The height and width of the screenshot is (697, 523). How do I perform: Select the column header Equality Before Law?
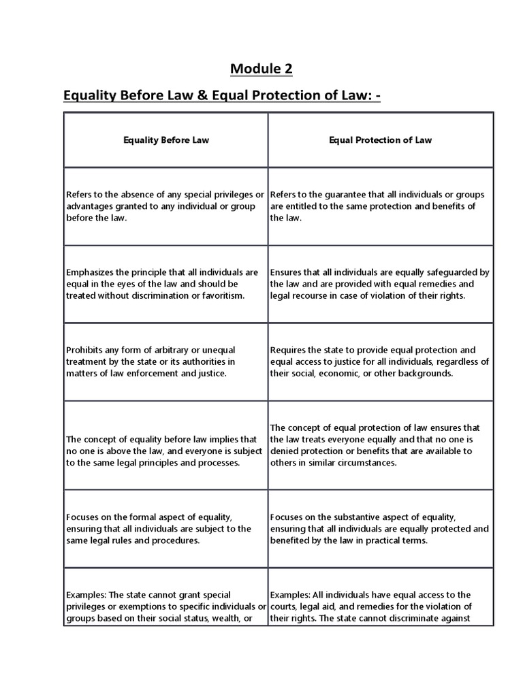click(165, 140)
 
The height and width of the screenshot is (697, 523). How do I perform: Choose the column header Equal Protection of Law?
click(380, 140)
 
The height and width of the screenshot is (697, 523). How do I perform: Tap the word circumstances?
click(369, 462)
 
